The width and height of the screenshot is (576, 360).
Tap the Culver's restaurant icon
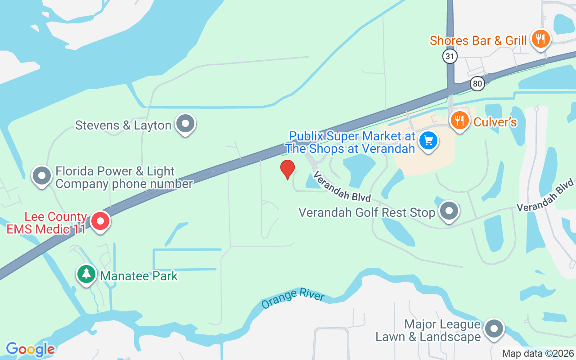click(x=459, y=120)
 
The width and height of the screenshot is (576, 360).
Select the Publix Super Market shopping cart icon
click(x=428, y=140)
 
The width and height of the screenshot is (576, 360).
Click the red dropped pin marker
click(x=288, y=169)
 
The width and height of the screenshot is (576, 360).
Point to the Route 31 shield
click(x=450, y=56)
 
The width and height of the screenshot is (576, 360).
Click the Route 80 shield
click(x=477, y=83)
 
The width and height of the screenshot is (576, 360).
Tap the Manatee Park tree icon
click(x=86, y=274)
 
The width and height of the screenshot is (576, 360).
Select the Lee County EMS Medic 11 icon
click(x=100, y=221)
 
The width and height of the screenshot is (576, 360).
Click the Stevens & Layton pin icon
click(x=185, y=123)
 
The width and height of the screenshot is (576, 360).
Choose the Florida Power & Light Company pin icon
click(x=42, y=175)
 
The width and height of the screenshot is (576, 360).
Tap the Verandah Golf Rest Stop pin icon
click(x=448, y=211)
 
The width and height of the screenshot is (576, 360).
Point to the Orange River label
click(x=293, y=299)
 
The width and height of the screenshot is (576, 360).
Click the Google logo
click(x=30, y=349)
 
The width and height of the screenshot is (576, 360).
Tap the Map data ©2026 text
click(x=538, y=354)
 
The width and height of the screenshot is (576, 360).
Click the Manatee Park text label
click(x=139, y=276)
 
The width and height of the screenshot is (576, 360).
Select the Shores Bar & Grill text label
click(x=478, y=40)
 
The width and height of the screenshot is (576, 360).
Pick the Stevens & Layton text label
click(x=123, y=125)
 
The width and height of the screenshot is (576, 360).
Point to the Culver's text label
click(x=495, y=122)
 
